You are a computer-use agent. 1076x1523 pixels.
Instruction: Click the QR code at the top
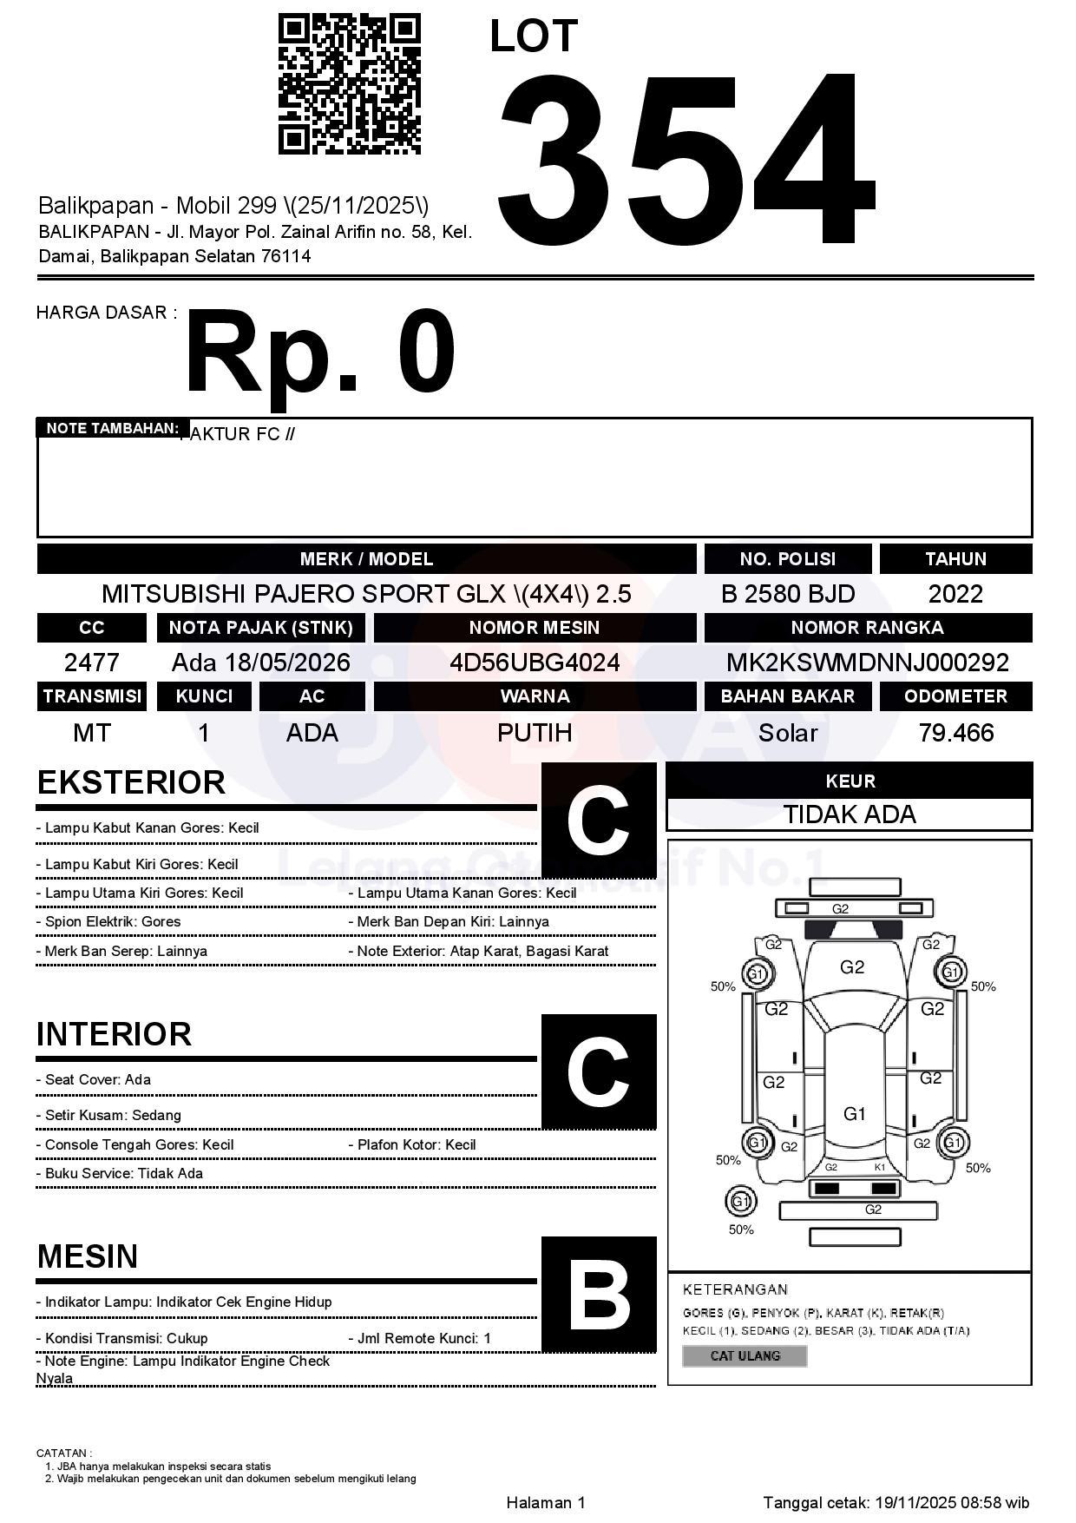click(349, 84)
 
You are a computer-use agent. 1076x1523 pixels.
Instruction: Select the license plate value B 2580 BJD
click(787, 594)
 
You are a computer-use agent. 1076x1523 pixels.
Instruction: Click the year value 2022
click(955, 594)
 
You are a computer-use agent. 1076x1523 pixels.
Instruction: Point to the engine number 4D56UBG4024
click(535, 663)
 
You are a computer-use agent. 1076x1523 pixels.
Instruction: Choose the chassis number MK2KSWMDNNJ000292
click(867, 663)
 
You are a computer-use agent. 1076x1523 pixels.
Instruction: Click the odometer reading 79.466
click(955, 733)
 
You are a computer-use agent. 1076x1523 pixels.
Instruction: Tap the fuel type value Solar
click(787, 733)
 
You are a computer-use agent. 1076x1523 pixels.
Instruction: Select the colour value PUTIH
click(535, 733)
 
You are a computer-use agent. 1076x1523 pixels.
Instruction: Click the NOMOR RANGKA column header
click(867, 628)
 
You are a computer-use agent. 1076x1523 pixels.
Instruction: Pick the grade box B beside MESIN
click(599, 1295)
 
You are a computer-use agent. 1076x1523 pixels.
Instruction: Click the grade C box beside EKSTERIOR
click(599, 821)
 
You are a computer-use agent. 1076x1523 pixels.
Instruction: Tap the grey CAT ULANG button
click(745, 1355)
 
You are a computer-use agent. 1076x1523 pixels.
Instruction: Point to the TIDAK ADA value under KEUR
click(850, 814)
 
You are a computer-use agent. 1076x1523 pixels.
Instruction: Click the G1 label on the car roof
click(855, 1113)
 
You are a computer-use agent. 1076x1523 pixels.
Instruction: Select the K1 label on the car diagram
click(880, 1167)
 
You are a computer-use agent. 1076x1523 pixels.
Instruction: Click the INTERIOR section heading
click(114, 1034)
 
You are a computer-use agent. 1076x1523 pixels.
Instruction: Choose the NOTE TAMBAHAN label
click(112, 428)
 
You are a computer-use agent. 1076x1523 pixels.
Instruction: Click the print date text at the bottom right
click(896, 1502)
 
